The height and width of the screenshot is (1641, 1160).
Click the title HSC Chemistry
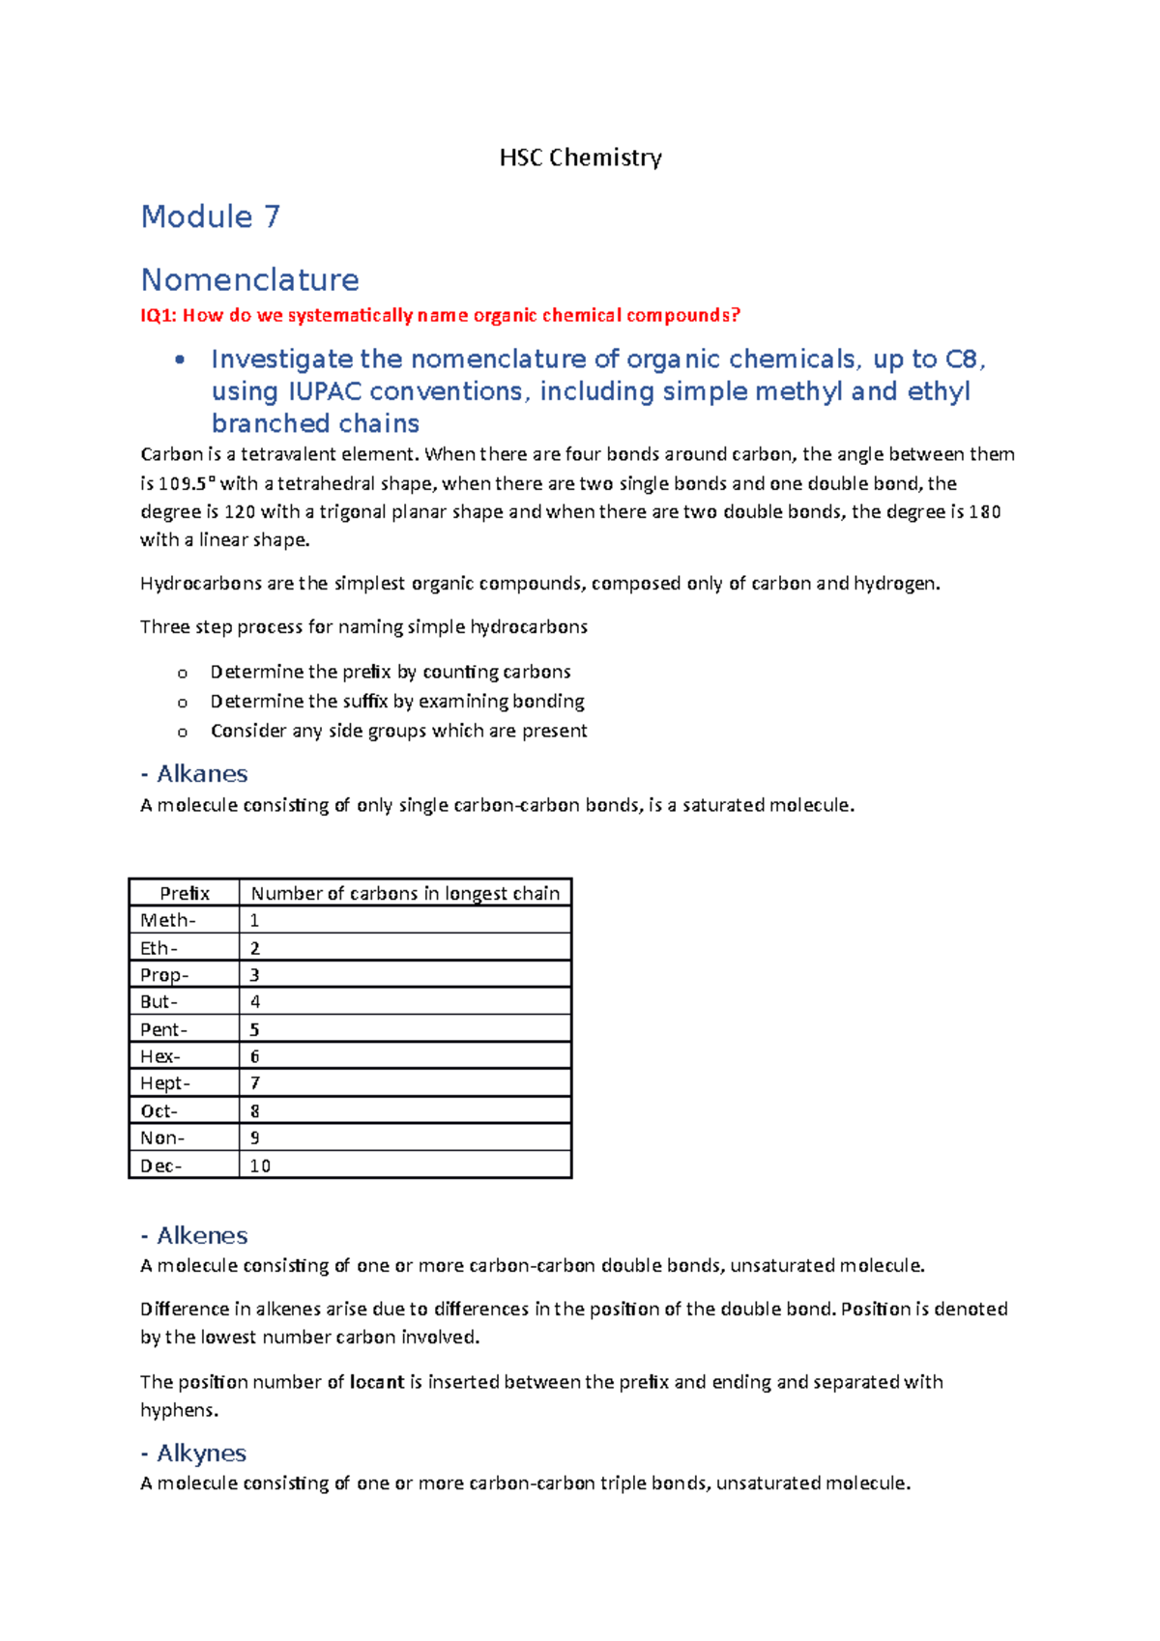(x=580, y=158)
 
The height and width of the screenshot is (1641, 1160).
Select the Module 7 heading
(x=211, y=216)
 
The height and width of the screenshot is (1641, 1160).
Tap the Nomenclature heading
(x=249, y=280)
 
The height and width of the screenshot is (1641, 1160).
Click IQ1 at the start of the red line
(x=158, y=315)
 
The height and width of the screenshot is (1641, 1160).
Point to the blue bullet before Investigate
(x=179, y=360)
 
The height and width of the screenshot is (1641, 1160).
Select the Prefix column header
(x=184, y=893)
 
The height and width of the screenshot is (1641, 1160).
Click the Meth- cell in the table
(x=168, y=920)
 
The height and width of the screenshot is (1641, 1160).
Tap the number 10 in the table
(x=260, y=1166)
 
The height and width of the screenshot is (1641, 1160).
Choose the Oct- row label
(x=159, y=1110)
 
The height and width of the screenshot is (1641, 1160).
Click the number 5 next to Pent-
(x=254, y=1029)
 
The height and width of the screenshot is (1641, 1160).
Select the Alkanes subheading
(x=202, y=774)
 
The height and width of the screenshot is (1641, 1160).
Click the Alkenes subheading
(x=202, y=1236)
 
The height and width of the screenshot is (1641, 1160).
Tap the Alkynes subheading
(x=201, y=1454)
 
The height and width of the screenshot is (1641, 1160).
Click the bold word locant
(x=377, y=1382)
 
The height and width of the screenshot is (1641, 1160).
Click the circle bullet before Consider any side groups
(x=182, y=733)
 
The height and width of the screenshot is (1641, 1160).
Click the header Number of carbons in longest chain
(x=405, y=893)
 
